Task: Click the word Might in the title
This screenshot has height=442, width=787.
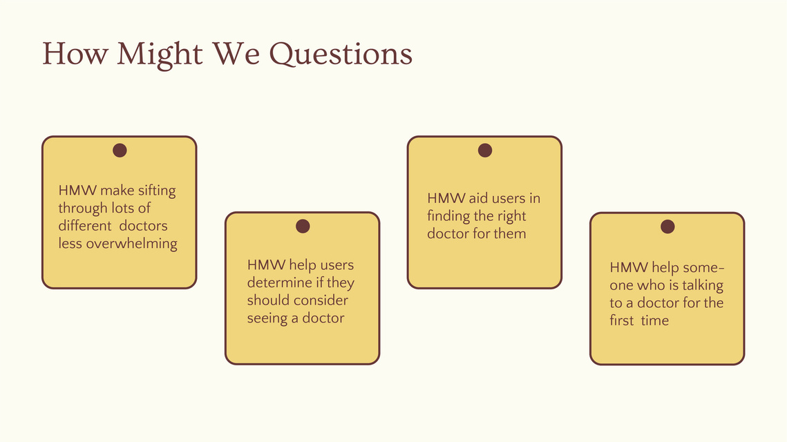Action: click(160, 54)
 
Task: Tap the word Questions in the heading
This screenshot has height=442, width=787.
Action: click(341, 54)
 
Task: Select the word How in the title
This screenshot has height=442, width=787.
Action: click(75, 53)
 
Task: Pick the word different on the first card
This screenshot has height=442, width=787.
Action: click(85, 226)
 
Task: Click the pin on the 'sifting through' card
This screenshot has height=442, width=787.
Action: click(120, 150)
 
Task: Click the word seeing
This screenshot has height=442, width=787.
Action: click(267, 319)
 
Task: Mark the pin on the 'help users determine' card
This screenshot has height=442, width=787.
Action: click(303, 227)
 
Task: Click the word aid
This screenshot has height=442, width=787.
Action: click(478, 198)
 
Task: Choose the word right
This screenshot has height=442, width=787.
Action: click(511, 217)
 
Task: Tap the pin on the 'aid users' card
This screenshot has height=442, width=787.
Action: click(485, 150)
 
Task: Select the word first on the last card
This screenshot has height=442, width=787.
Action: click(622, 320)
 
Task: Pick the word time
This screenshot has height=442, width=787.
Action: click(654, 320)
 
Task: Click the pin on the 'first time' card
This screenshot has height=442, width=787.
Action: click(667, 227)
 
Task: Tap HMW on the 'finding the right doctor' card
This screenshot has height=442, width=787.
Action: click(446, 199)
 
